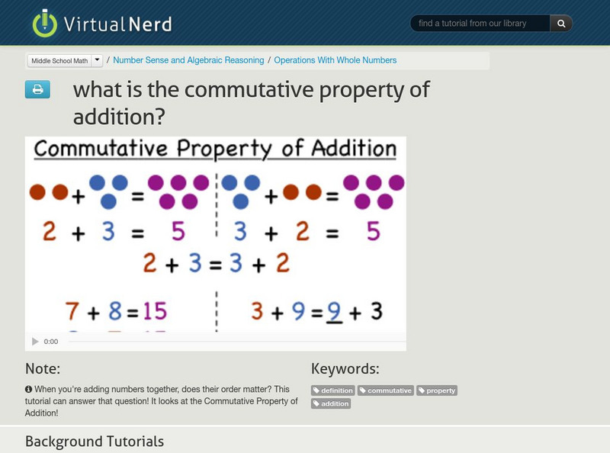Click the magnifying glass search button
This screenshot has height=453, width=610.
(561, 24)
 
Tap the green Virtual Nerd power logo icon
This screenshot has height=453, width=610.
(45, 23)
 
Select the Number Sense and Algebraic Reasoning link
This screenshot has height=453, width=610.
(188, 60)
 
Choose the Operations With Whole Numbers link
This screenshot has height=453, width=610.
(335, 60)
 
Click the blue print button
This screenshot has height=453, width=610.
(37, 90)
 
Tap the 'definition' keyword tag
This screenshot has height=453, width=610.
(333, 390)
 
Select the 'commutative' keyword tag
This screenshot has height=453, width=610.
(386, 390)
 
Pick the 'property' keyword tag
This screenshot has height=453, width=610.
(436, 390)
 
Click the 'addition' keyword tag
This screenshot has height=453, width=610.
(331, 403)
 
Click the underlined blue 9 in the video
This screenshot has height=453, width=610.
(334, 311)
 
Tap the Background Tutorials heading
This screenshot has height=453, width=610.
(94, 442)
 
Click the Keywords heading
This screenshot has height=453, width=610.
(345, 369)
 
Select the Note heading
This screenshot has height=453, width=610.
(43, 369)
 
